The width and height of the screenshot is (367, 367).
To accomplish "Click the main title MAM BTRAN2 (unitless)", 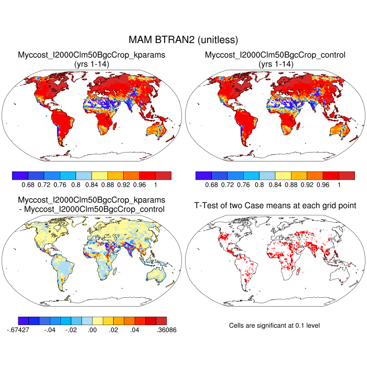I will click(x=183, y=40).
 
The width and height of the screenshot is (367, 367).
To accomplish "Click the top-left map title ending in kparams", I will click(x=92, y=55).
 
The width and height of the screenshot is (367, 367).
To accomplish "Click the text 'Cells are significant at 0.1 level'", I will click(x=275, y=326).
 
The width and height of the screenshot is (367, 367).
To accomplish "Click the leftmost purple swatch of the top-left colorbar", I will click(x=20, y=176).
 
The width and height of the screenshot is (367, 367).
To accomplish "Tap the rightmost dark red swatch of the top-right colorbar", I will click(x=347, y=176).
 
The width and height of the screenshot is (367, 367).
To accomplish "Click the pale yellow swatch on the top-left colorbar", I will click(x=100, y=176).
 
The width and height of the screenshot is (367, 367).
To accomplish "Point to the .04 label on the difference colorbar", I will click(x=134, y=330).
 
